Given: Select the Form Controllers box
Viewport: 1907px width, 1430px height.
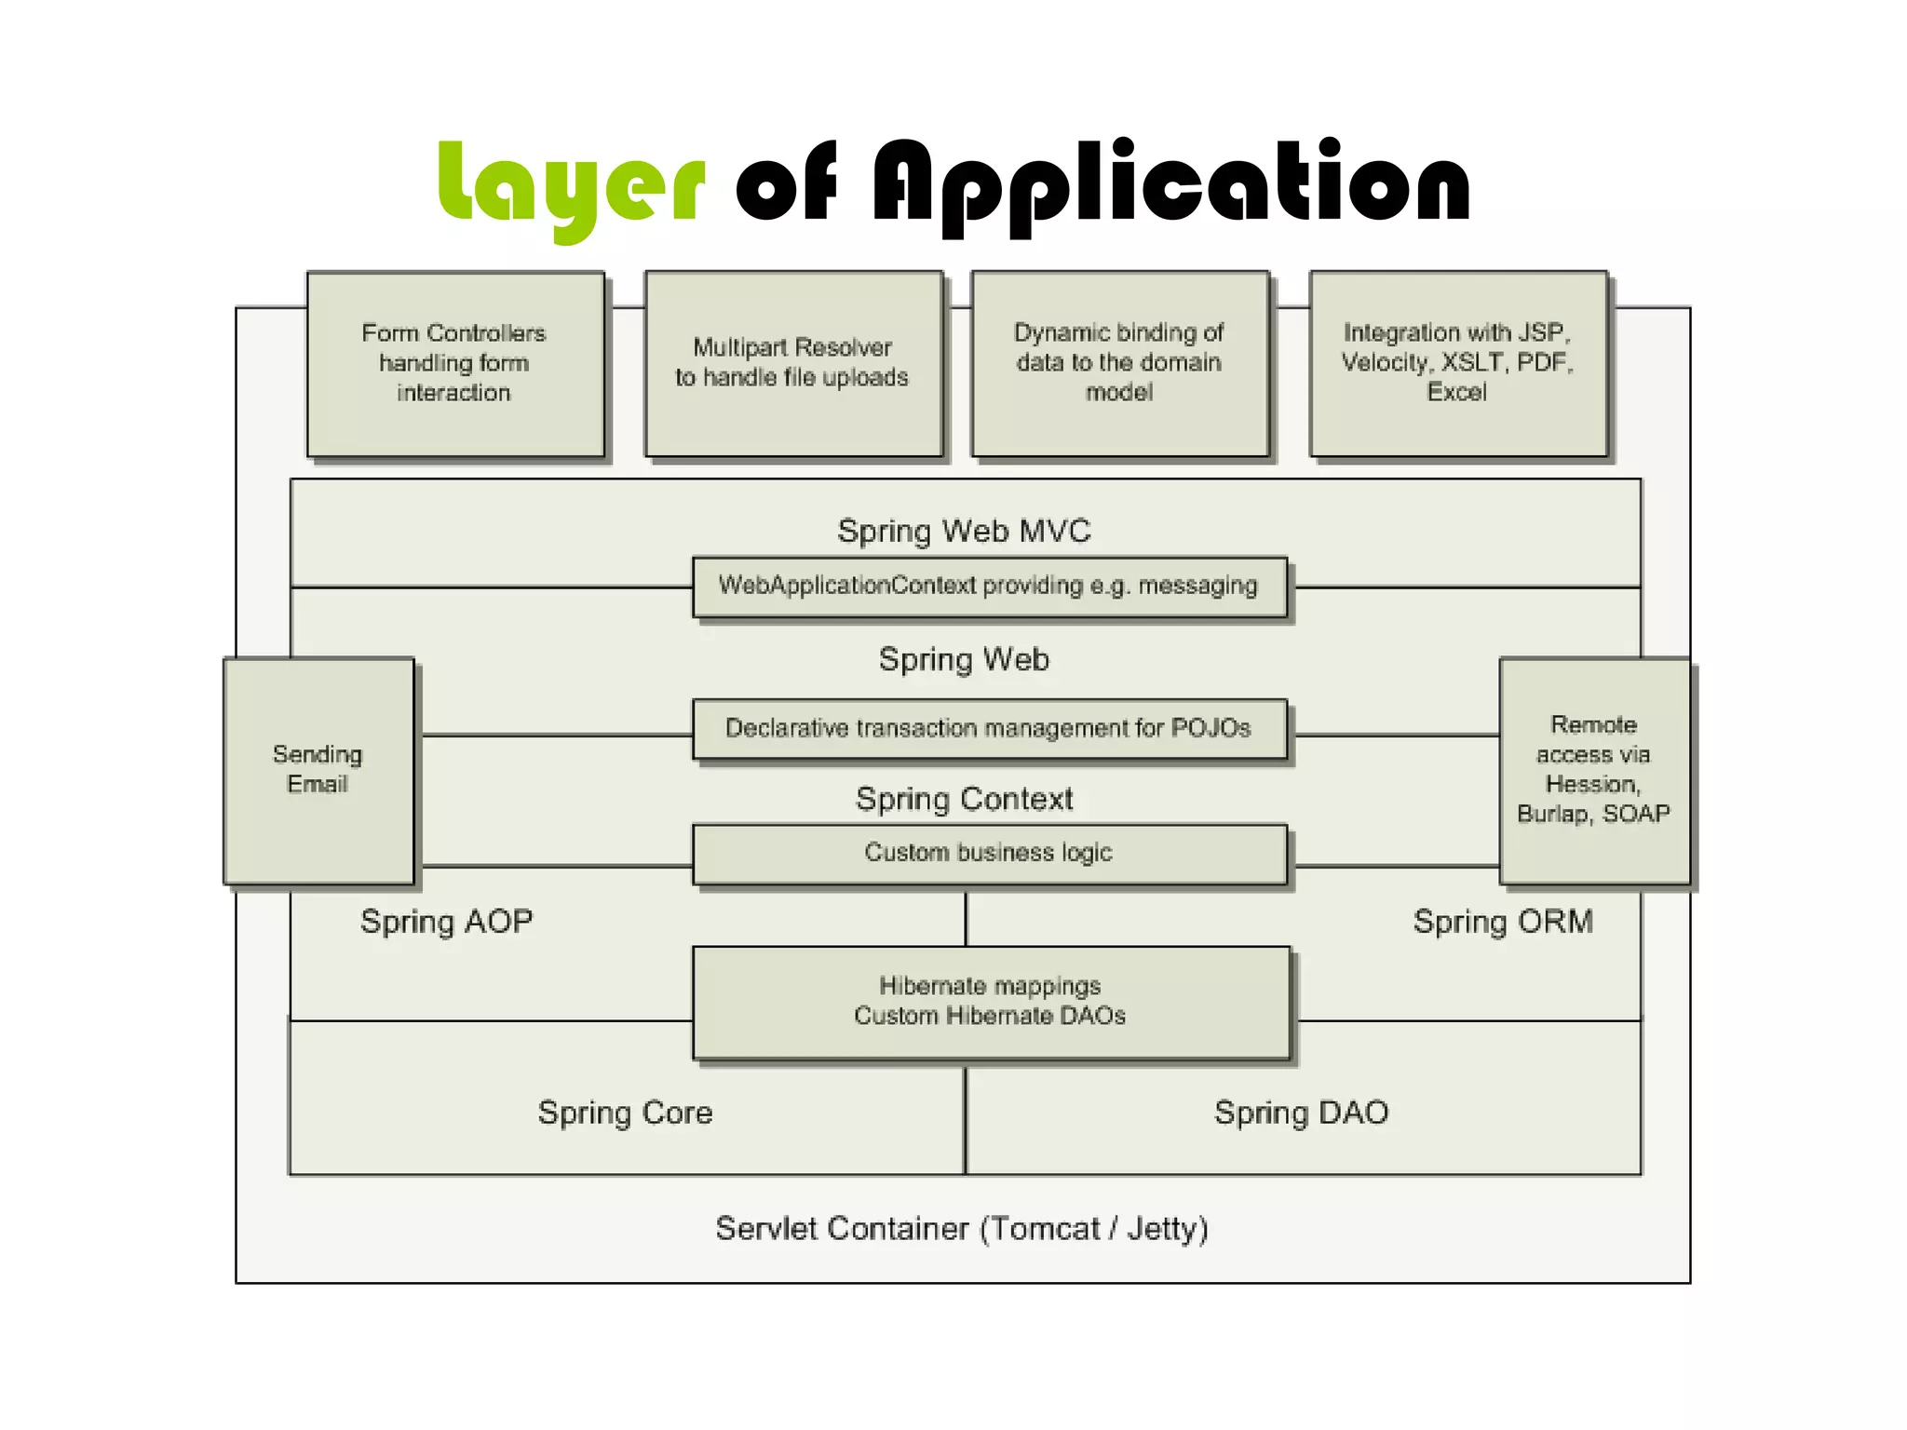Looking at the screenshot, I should coord(454,363).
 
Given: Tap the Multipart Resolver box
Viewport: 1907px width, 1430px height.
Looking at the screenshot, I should coord(792,363).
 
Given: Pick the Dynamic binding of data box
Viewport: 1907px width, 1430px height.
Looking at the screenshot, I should coord(1119,363).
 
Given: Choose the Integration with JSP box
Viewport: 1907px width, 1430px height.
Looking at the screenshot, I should coord(1457,363).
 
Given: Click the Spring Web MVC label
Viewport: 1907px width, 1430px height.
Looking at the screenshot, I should coord(964,531).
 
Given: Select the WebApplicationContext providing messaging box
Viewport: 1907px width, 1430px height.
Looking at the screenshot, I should coord(988,586).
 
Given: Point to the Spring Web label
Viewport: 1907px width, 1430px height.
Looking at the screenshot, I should coord(964,659).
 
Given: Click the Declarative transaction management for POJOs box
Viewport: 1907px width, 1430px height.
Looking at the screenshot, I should coord(988,728).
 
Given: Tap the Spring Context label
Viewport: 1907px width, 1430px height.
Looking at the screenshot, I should coord(964,799).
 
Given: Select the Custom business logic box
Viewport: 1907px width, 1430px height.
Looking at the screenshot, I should coord(988,853).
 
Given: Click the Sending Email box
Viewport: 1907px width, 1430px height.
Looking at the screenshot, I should coord(318,770).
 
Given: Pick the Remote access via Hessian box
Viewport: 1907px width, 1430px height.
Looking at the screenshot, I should coord(1593,770).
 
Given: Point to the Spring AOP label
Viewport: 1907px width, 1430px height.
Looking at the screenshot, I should coord(446,922).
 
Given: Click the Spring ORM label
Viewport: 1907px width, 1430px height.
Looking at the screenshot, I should coord(1503,922).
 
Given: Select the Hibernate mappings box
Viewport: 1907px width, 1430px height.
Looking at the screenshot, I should coord(990,1001).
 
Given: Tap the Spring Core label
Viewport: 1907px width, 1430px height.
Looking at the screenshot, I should coord(625,1113).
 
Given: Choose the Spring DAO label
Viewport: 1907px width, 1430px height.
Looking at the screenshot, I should coord(1301,1113).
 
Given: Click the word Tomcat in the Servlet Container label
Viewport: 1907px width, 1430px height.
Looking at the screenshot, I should coord(1045,1229).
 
